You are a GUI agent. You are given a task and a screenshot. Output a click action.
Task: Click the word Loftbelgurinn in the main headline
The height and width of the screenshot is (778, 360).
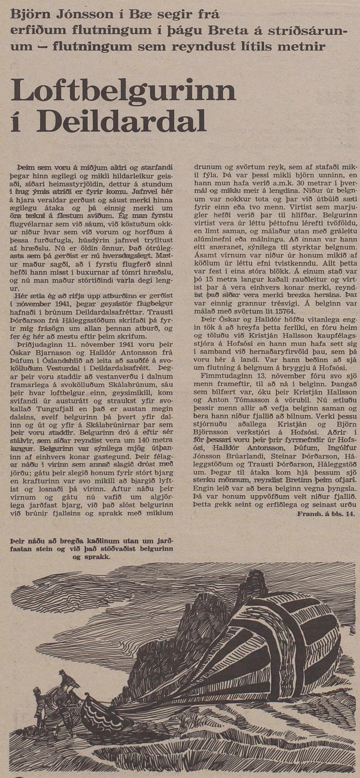[x=124, y=91]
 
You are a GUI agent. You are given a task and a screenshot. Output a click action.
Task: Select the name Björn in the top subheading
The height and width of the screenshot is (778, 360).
[x=27, y=16]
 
